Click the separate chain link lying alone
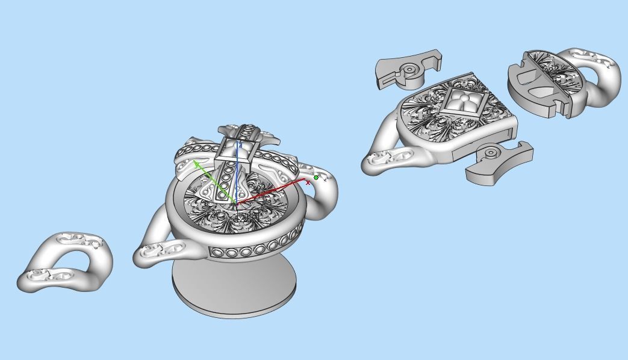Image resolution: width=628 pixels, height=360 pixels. [x=65, y=263]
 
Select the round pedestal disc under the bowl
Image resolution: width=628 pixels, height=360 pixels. [x=235, y=289]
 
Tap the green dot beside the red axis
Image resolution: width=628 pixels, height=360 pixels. [x=316, y=178]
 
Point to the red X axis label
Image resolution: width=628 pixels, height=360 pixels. [x=308, y=182]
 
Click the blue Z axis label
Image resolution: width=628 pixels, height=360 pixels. [x=240, y=145]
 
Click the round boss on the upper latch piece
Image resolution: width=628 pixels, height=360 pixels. [x=409, y=70]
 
